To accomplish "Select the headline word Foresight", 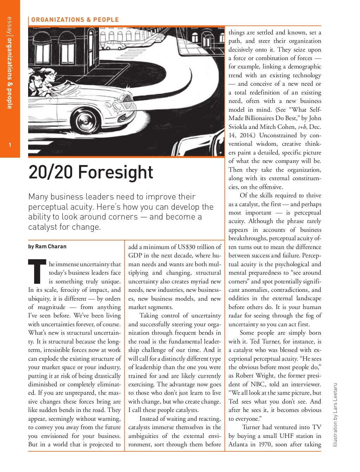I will [116, 172].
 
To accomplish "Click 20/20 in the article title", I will [51, 172].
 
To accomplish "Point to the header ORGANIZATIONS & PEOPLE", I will [75, 20].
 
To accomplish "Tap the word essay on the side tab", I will [10, 25].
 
